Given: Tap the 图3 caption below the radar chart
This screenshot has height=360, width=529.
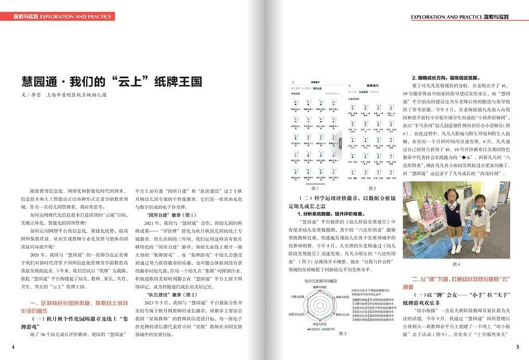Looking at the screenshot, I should point(343,333).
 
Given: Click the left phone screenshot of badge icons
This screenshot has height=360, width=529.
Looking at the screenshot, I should point(314,131).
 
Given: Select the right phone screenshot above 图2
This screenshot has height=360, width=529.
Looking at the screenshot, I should point(372,131).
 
